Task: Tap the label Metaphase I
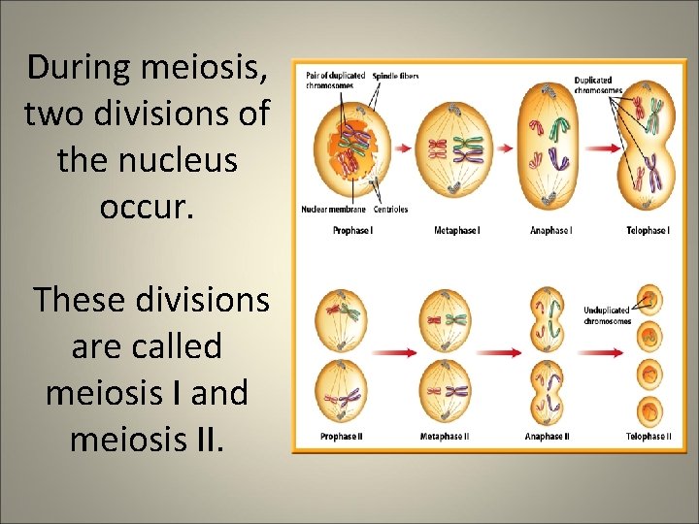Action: click(x=456, y=230)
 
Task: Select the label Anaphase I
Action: click(x=550, y=230)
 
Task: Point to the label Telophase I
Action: click(x=648, y=230)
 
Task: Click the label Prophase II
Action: click(x=341, y=437)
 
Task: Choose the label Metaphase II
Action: click(x=445, y=437)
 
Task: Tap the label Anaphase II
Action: click(x=547, y=437)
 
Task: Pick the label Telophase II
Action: click(x=648, y=437)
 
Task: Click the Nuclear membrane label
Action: click(x=333, y=210)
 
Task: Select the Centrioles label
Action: click(x=391, y=210)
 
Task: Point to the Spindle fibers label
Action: click(x=395, y=76)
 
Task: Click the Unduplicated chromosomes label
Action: click(x=607, y=315)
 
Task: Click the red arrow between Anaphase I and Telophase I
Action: click(x=599, y=148)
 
